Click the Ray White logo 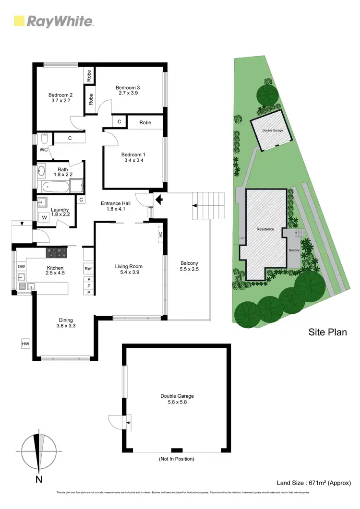[53, 21]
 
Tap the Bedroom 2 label [60, 95]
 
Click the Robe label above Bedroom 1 [145, 123]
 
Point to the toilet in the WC [43, 139]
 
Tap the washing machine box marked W [45, 217]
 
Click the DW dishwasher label [21, 267]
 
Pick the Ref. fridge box [88, 268]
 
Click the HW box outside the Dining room [25, 344]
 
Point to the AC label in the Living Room [160, 235]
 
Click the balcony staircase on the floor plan [208, 205]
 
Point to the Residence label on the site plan [265, 229]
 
